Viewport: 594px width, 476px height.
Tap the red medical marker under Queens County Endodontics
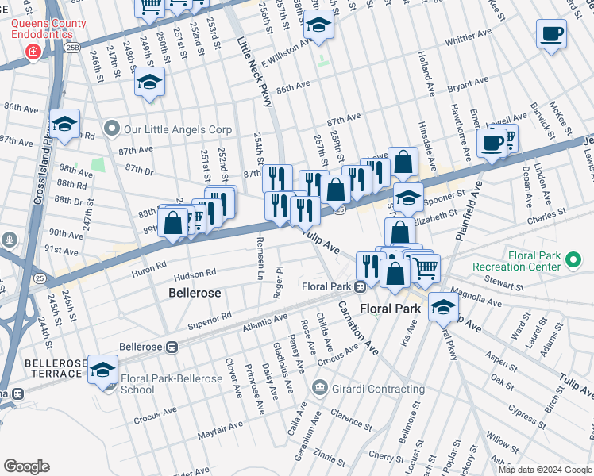33,53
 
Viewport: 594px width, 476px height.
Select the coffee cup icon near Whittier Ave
551,34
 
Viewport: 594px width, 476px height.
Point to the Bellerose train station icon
172,347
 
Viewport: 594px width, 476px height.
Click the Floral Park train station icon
360,286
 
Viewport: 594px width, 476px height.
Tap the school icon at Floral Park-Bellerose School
102,370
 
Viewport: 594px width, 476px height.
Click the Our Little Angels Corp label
176,129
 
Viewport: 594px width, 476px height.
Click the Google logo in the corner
26,466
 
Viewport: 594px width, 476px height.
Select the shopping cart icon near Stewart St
426,267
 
